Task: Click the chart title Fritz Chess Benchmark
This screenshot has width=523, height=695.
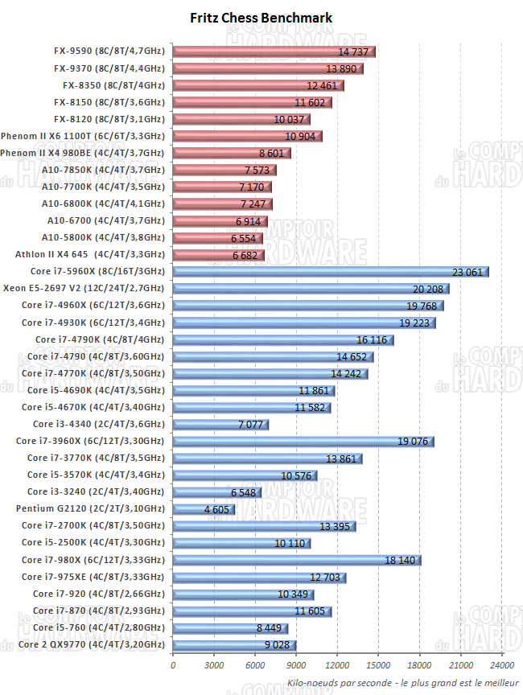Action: [x=261, y=18]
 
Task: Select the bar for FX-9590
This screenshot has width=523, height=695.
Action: [x=274, y=51]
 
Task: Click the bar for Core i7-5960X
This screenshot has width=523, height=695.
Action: [x=330, y=272]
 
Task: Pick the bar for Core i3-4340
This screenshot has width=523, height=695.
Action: [x=220, y=424]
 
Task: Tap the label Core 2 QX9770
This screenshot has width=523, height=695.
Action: [x=91, y=644]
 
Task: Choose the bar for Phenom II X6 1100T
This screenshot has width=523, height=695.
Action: [x=247, y=136]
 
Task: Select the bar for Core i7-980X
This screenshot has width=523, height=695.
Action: [x=296, y=560]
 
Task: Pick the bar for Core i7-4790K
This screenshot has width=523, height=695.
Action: [x=282, y=339]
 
